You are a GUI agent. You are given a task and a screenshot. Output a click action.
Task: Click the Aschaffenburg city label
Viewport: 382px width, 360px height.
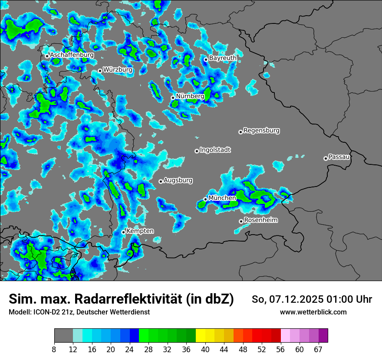pyautogui.click(x=72, y=55)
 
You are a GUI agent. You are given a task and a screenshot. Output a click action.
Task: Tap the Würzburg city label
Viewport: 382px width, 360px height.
pyautogui.click(x=118, y=69)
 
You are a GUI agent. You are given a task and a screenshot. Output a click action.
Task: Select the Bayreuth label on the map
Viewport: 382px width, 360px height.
pyautogui.click(x=223, y=58)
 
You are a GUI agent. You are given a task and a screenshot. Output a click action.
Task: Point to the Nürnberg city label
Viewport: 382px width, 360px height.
pyautogui.click(x=190, y=96)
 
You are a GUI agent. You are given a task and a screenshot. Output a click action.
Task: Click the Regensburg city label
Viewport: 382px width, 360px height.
pyautogui.click(x=261, y=130)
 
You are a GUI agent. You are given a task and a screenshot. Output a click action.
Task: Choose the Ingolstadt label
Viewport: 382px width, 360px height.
pyautogui.click(x=215, y=150)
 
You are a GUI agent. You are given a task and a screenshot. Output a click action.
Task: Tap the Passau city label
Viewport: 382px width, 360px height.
pyautogui.click(x=339, y=157)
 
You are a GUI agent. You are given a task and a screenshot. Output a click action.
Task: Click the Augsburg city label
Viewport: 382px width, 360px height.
pyautogui.click(x=178, y=180)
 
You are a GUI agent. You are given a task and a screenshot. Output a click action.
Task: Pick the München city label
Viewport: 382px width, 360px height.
pyautogui.click(x=222, y=198)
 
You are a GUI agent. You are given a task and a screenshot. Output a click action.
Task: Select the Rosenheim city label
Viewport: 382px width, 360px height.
pyautogui.click(x=260, y=220)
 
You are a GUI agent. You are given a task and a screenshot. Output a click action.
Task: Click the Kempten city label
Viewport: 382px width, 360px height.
pyautogui.click(x=140, y=231)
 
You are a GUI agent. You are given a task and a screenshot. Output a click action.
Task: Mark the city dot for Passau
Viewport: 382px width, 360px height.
pyautogui.click(x=326, y=158)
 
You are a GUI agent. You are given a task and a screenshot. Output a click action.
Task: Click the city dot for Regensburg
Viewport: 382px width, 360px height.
pyautogui.click(x=240, y=132)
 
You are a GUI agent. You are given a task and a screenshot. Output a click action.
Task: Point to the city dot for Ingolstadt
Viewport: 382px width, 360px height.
pyautogui.click(x=197, y=151)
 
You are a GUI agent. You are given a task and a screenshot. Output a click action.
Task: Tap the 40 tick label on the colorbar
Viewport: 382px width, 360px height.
pyautogui.click(x=205, y=349)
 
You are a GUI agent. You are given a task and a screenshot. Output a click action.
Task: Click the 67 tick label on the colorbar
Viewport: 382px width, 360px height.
pyautogui.click(x=318, y=349)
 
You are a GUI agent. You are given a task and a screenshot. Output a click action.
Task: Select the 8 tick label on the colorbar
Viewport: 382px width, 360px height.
pyautogui.click(x=54, y=349)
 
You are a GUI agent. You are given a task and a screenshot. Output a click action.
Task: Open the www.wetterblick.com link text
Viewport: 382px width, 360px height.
pyautogui.click(x=313, y=312)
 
